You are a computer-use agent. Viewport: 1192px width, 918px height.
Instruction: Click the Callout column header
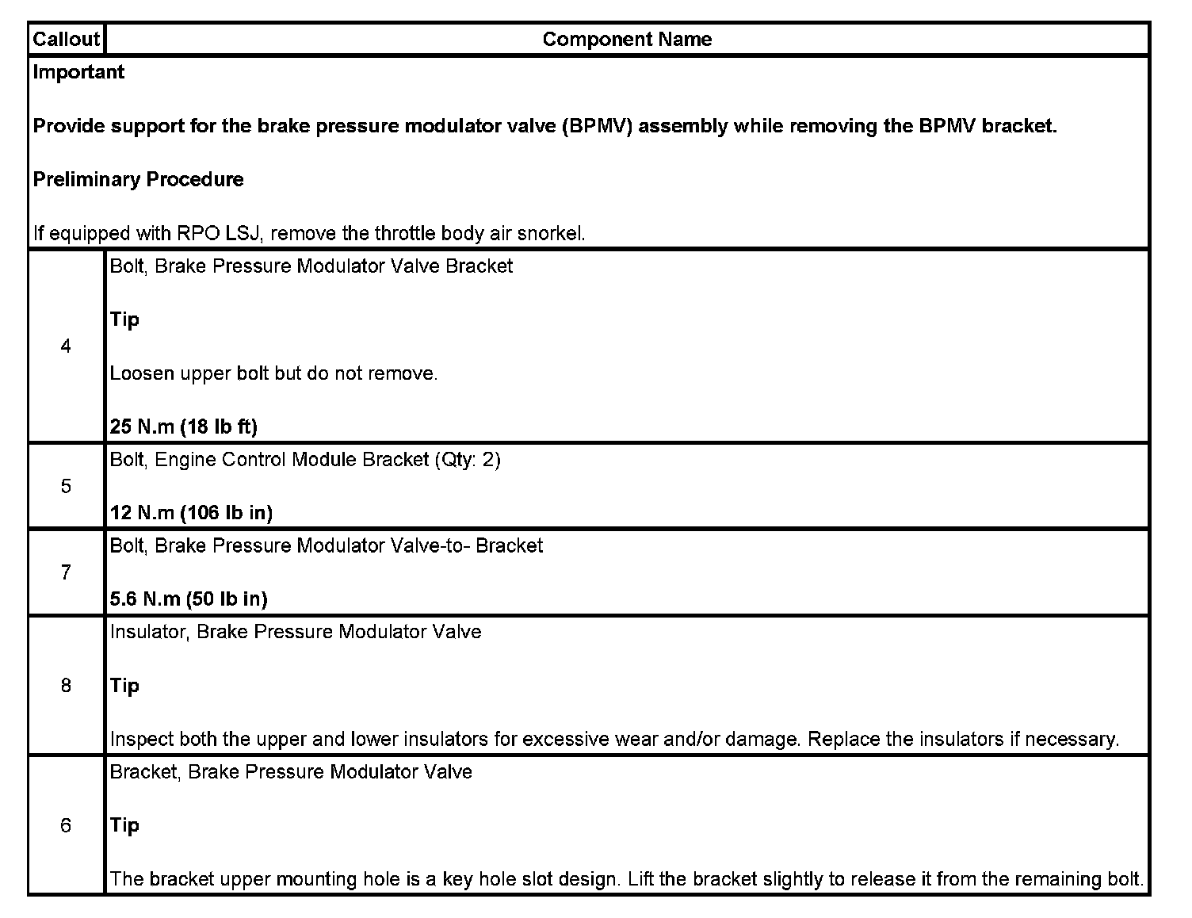pyautogui.click(x=66, y=39)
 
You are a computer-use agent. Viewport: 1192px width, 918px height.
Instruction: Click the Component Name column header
pyautogui.click(x=627, y=39)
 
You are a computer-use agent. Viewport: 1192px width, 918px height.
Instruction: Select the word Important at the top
pyautogui.click(x=78, y=72)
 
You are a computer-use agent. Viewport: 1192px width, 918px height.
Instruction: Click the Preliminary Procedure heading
pyautogui.click(x=138, y=179)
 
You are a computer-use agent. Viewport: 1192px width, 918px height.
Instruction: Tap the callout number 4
pyautogui.click(x=66, y=346)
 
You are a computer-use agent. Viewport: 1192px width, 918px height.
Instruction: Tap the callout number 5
pyautogui.click(x=66, y=486)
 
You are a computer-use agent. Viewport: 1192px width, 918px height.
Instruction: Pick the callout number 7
pyautogui.click(x=66, y=572)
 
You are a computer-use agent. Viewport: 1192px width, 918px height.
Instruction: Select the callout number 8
pyautogui.click(x=66, y=685)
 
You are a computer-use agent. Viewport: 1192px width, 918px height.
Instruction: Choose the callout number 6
pyautogui.click(x=66, y=825)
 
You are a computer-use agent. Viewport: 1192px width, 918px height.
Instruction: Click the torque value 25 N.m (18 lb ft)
pyautogui.click(x=183, y=426)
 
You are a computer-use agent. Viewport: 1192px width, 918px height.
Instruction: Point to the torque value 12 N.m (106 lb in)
pyautogui.click(x=191, y=512)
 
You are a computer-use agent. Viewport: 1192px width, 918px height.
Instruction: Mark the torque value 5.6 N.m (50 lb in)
pyautogui.click(x=189, y=599)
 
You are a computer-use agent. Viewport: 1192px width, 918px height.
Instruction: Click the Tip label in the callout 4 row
pyautogui.click(x=124, y=319)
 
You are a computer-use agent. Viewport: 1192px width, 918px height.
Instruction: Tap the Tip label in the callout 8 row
pyautogui.click(x=124, y=685)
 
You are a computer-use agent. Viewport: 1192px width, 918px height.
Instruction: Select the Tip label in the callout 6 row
pyautogui.click(x=124, y=825)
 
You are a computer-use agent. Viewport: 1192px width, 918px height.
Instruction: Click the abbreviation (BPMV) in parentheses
pyautogui.click(x=597, y=126)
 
